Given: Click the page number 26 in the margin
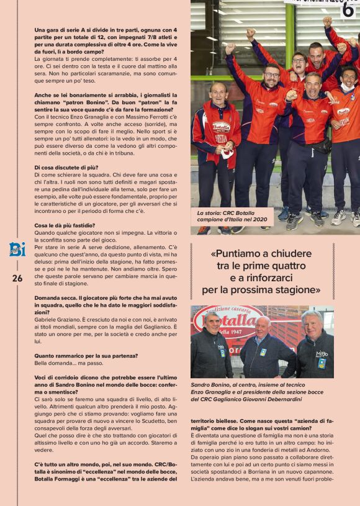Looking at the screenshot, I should tap(17, 279).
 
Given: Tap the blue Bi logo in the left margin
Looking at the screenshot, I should tap(17, 250).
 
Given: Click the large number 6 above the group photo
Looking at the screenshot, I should tap(348, 9).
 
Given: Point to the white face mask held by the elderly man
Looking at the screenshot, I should tap(228, 153).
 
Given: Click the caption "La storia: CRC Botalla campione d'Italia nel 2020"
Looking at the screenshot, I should tap(232, 216).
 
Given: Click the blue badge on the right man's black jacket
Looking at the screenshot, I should tap(322, 363).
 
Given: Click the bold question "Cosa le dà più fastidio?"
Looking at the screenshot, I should tap(65, 225).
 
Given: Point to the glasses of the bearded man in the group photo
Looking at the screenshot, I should tap(271, 75).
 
